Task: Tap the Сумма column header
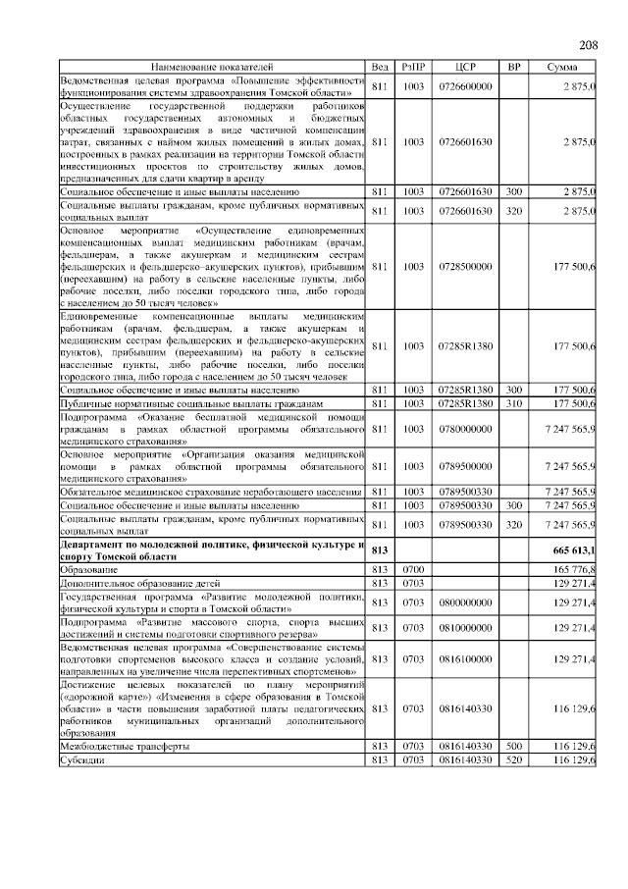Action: point(561,67)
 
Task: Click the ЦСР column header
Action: point(466,67)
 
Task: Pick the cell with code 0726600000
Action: point(466,86)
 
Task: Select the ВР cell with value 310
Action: point(513,403)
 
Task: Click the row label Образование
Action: point(88,569)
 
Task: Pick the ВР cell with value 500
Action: point(513,747)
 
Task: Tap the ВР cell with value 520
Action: point(513,759)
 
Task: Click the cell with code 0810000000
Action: point(466,627)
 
